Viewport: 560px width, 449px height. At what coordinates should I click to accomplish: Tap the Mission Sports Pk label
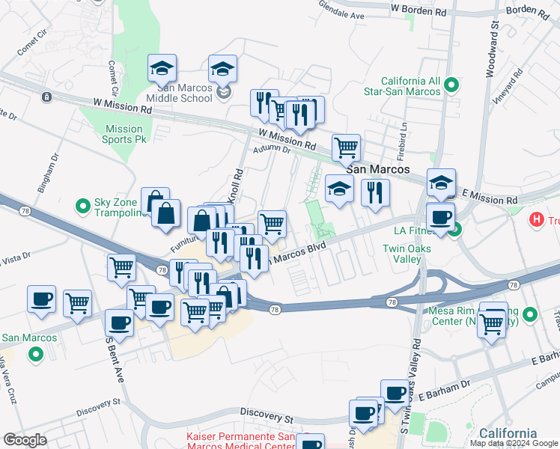[124, 134]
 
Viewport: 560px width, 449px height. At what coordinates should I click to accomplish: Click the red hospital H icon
[537, 220]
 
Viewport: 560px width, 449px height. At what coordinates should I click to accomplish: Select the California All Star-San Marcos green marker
[451, 86]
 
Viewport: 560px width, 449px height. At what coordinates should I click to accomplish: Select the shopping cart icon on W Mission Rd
[345, 147]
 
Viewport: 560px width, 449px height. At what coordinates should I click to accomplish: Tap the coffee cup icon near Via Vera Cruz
[41, 299]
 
